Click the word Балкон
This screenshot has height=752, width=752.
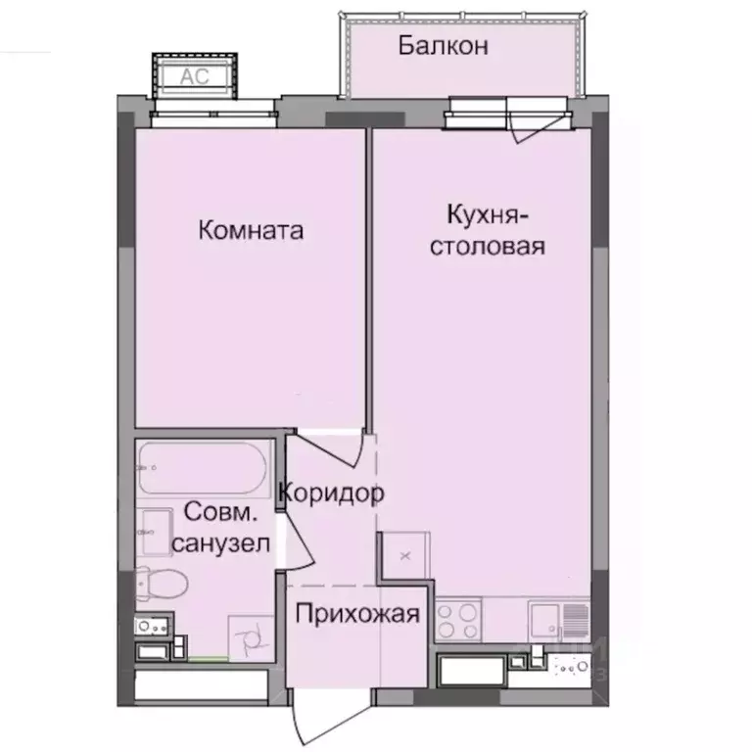click(443, 45)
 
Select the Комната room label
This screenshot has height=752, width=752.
click(251, 231)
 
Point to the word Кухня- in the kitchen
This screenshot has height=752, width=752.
click(489, 214)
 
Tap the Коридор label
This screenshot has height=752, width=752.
click(330, 493)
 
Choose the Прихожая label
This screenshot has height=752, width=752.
click(357, 615)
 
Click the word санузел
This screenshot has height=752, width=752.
click(220, 544)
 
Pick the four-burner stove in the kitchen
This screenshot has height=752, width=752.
click(457, 618)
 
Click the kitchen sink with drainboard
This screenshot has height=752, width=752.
click(556, 619)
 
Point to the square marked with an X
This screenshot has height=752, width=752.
click(403, 555)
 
